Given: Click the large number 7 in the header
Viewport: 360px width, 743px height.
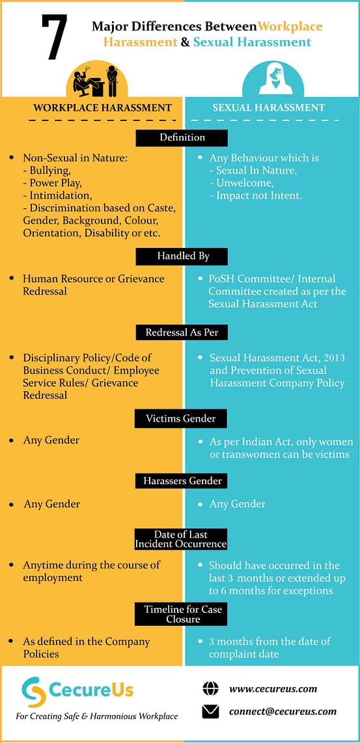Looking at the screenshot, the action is tap(54, 37).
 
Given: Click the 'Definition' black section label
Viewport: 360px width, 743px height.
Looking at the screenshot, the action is tap(182, 138).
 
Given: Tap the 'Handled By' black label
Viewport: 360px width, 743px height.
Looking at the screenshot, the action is tap(182, 256).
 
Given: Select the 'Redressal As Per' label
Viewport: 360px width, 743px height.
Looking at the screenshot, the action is tap(182, 332).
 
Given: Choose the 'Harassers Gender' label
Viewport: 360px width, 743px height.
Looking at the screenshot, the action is tap(182, 481).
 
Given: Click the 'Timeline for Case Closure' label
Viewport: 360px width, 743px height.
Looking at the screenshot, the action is tap(182, 614).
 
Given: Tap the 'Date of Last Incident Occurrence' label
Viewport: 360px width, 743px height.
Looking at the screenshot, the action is tap(182, 539).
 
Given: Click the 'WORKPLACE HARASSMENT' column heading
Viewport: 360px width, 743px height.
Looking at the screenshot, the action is tap(103, 107).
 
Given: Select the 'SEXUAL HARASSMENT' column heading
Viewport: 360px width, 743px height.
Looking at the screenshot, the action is tap(269, 107).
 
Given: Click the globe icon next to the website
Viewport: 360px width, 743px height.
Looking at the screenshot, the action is tap(210, 688).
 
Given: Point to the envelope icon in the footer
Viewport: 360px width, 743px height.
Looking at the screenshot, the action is tap(210, 712).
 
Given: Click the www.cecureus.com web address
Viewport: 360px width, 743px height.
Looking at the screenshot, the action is tap(273, 689).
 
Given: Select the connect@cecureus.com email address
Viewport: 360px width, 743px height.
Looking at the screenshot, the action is tap(283, 711).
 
